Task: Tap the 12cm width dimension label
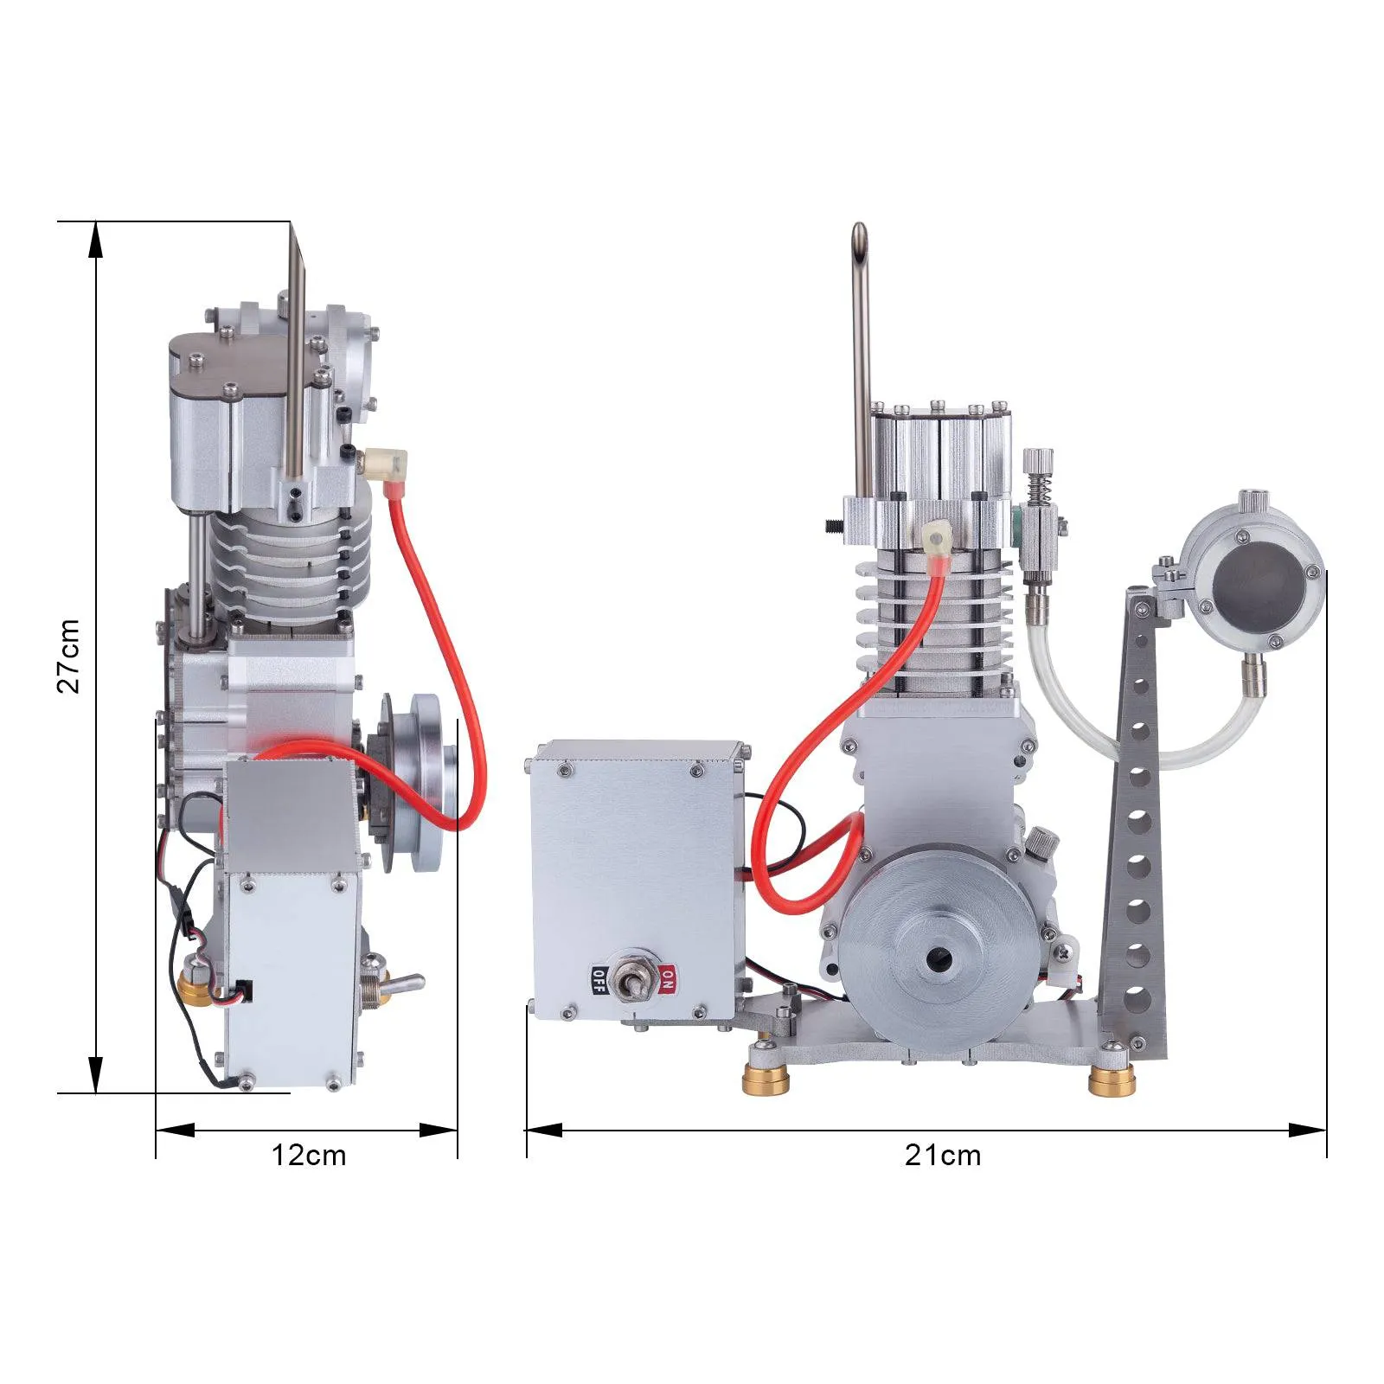click(x=309, y=1155)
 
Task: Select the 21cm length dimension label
click(x=943, y=1155)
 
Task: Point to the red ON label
click(x=667, y=979)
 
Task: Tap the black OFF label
click(x=599, y=979)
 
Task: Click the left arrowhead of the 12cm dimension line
click(x=173, y=1130)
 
